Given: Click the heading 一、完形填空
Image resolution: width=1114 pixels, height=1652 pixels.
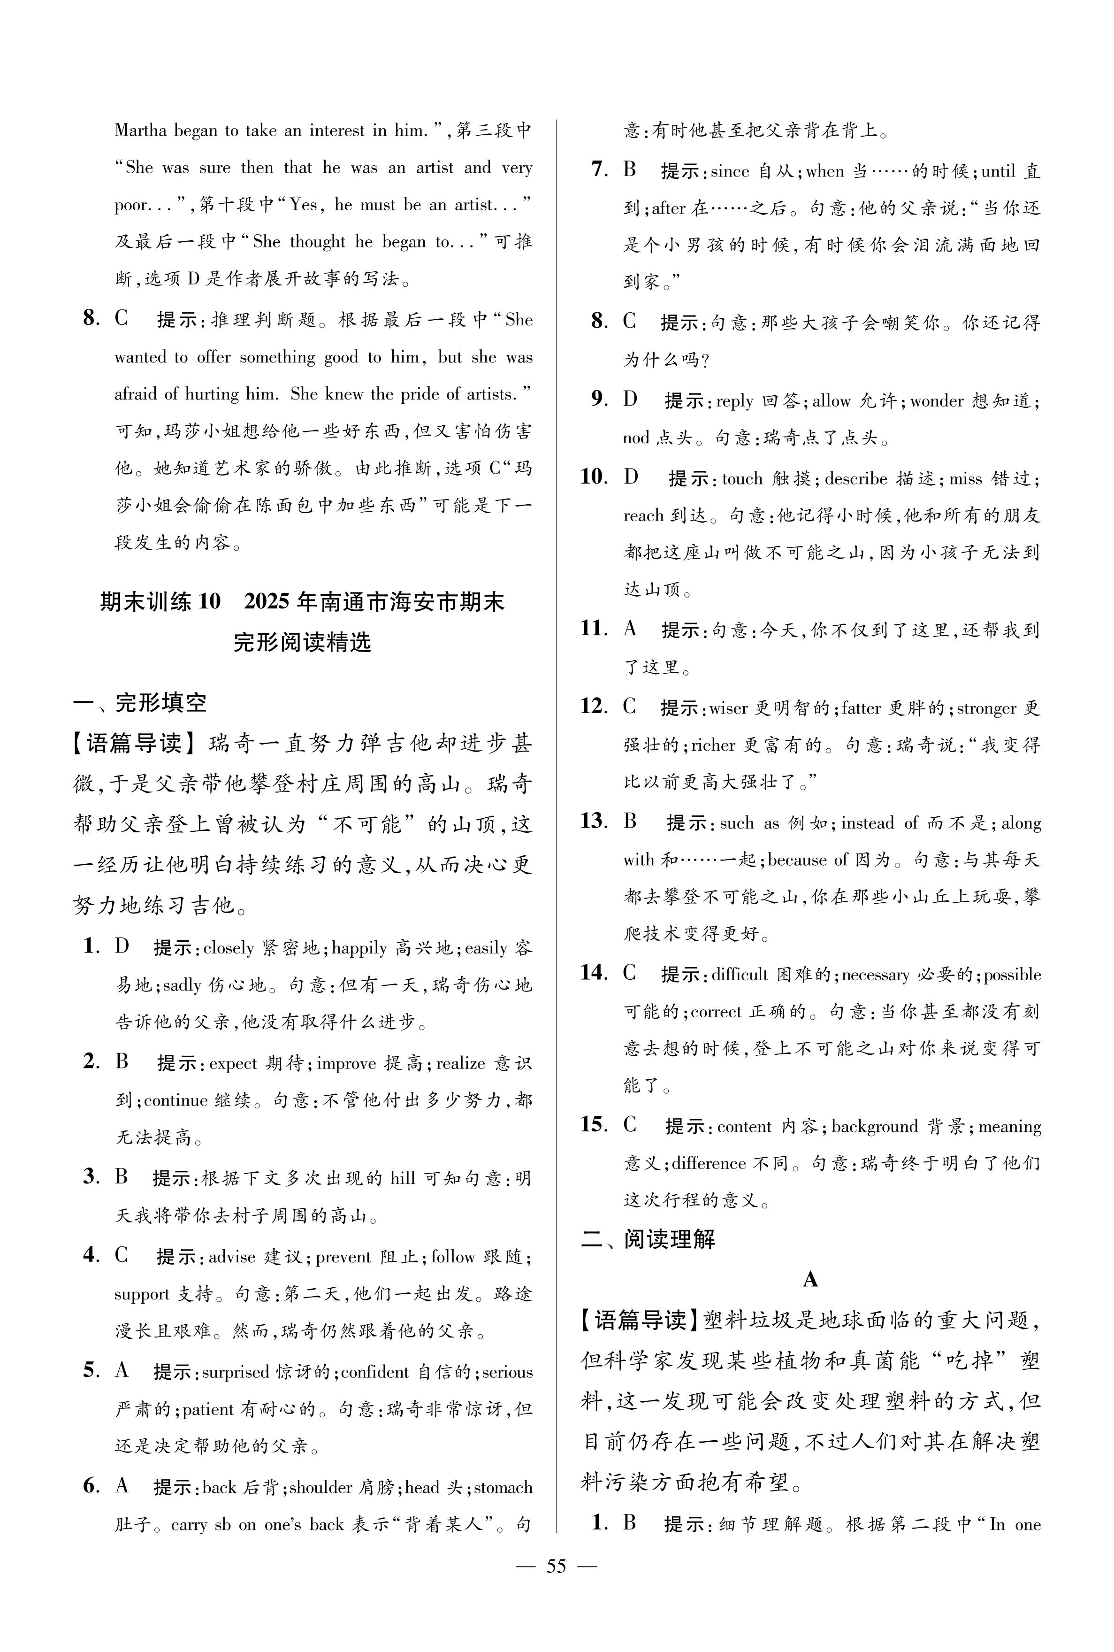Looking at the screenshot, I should pos(139,703).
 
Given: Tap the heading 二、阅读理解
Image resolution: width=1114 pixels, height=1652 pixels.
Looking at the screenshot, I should pos(648,1239).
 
